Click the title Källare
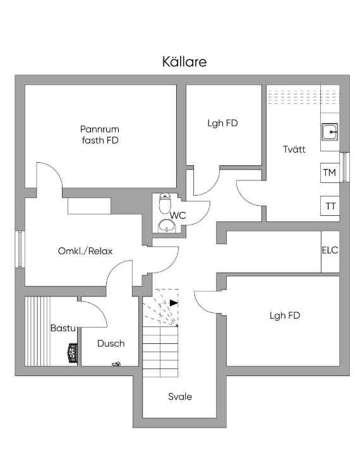click(184, 62)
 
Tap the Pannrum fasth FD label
click(100, 134)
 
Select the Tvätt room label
click(294, 149)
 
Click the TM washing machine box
click(330, 173)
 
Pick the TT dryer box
click(330, 206)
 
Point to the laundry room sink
click(330, 132)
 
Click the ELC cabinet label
click(330, 251)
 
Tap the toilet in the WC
click(165, 203)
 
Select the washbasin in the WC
click(167, 226)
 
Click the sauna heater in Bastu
click(73, 353)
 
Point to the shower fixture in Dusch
click(116, 364)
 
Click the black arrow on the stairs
click(174, 303)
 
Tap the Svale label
click(180, 397)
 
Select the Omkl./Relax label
click(85, 251)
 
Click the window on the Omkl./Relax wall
click(20, 249)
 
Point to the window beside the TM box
click(344, 167)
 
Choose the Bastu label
click(63, 328)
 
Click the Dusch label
click(111, 343)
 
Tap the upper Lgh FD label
click(222, 123)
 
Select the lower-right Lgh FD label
click(285, 316)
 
